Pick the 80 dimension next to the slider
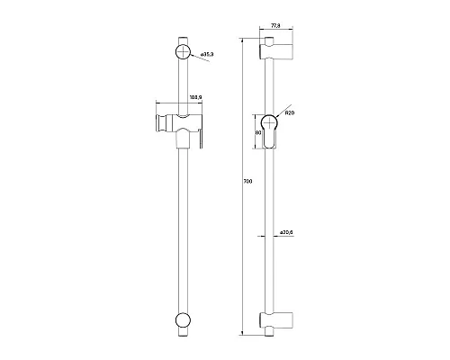pos(258,133)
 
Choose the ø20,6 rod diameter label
pos(286,233)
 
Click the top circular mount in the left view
pos(183,51)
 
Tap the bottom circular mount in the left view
pos(183,320)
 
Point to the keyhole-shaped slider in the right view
pos(271,131)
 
